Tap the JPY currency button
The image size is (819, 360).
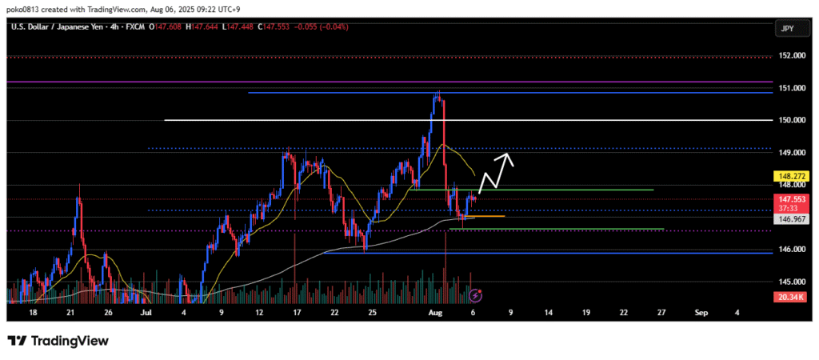(787, 29)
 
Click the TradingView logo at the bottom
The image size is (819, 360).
(58, 341)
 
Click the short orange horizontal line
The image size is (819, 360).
(490, 216)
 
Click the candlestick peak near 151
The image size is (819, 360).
(437, 94)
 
